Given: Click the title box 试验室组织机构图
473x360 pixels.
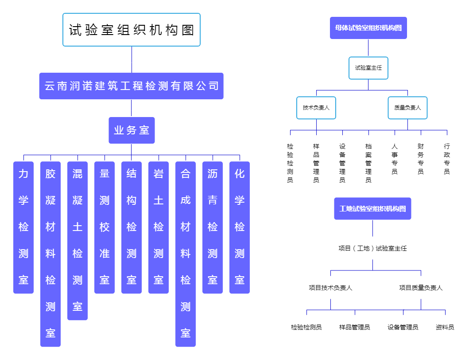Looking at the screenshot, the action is point(132,30).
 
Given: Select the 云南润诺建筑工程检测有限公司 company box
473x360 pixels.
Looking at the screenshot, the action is point(131,86).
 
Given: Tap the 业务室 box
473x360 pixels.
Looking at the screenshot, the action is point(132,130).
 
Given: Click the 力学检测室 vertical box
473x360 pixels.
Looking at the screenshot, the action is point(23,227).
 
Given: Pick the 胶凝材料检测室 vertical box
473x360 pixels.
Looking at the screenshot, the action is point(50,254).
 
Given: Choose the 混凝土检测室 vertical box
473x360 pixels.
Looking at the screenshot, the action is point(78,241).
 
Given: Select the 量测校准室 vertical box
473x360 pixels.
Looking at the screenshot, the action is point(105,227).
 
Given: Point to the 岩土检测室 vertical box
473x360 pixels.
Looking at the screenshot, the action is point(159,227).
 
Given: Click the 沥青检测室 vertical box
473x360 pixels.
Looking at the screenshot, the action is point(213,227).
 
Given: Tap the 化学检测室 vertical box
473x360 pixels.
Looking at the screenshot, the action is point(240,227).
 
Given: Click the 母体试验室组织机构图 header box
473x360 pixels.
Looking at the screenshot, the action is point(368,28).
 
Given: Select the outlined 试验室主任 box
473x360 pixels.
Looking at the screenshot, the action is point(368,68).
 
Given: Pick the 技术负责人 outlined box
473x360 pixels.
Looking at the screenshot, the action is point(316,108).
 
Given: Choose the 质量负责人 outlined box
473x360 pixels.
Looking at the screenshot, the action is point(407,108).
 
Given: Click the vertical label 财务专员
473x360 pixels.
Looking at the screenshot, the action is point(420,159).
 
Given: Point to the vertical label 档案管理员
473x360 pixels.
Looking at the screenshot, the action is point(368,163).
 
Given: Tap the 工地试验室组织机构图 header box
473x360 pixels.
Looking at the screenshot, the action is point(372,209).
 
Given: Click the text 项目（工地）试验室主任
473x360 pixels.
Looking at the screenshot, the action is point(372,248).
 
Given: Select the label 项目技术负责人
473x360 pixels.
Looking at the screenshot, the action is point(330,288).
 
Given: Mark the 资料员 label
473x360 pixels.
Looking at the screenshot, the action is point(445,327).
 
